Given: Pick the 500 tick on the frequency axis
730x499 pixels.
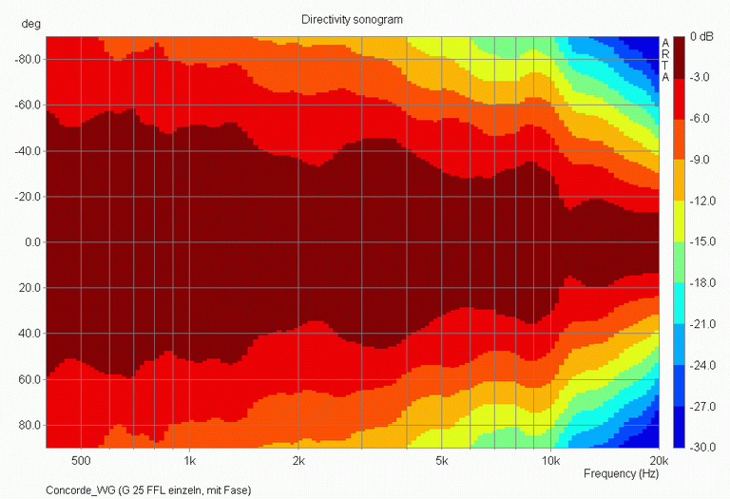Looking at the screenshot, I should click(x=81, y=461).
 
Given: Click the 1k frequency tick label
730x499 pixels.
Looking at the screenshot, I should click(x=189, y=461).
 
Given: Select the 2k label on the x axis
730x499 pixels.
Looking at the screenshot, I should click(x=298, y=461).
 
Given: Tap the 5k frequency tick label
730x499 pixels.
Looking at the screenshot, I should click(x=442, y=461).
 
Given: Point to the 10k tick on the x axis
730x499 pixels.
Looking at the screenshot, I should click(x=550, y=461).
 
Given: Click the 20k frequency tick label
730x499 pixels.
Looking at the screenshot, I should click(x=659, y=461).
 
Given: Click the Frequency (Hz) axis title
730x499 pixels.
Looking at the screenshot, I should click(x=620, y=473).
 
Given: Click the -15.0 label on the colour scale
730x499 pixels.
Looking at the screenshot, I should click(x=701, y=241).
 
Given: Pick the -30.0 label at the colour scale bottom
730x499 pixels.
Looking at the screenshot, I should click(x=701, y=447).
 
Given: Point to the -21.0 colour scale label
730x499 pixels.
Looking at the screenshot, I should click(x=701, y=323).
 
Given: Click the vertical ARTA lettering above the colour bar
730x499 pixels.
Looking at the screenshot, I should click(x=665, y=60).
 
